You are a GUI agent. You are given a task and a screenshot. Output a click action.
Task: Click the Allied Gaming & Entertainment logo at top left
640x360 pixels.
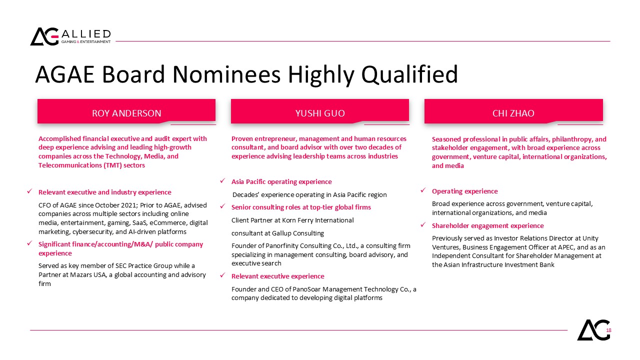coord(70,36)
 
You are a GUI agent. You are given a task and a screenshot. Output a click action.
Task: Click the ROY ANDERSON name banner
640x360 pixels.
coord(126,111)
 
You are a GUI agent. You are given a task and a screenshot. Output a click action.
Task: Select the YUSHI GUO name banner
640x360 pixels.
coord(320,111)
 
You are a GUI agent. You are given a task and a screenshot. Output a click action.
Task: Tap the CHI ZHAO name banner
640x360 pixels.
coord(513,111)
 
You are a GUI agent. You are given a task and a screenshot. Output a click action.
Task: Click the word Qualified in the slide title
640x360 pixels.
coord(409,75)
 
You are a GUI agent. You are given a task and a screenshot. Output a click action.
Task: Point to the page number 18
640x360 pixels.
coord(609,330)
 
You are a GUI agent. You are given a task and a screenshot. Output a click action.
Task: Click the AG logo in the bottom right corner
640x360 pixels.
coord(593,330)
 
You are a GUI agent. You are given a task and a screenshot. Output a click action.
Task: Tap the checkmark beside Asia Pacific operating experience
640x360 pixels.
coord(222,181)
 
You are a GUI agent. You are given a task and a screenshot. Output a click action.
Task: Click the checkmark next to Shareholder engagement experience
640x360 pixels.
coord(423,225)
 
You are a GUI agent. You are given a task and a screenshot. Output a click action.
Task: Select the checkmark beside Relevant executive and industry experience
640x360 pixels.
coord(29,191)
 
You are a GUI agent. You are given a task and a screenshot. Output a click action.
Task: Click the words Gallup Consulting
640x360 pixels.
coord(298,233)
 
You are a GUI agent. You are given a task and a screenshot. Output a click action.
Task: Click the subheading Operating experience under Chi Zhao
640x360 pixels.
coord(465,191)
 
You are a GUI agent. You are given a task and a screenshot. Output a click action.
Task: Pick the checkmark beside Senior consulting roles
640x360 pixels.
coord(222,206)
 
